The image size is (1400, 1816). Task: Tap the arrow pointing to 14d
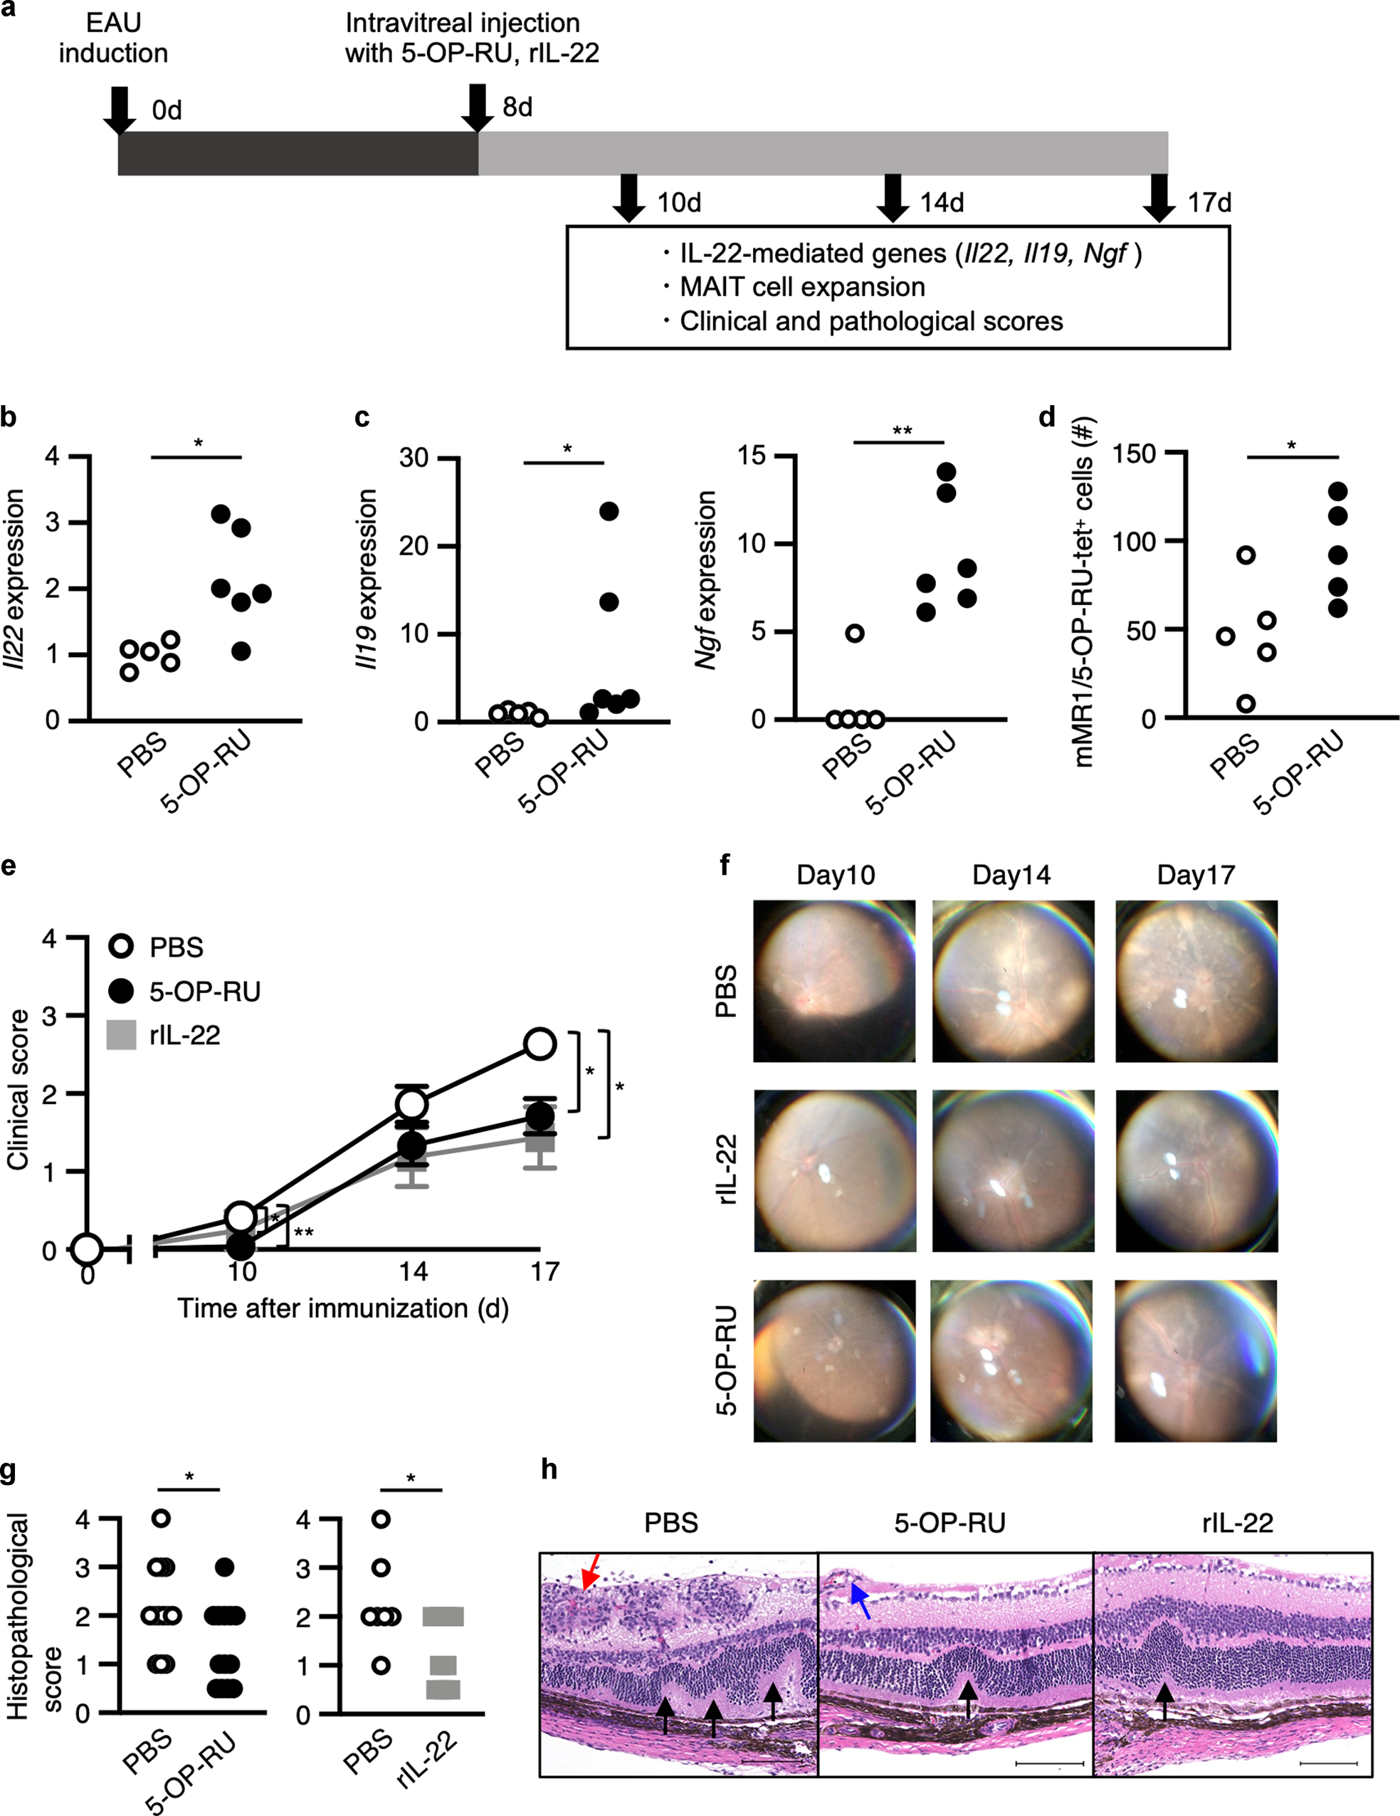click(x=893, y=198)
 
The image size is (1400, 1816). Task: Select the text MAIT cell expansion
click(x=801, y=287)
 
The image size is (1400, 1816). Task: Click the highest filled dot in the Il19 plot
click(x=609, y=511)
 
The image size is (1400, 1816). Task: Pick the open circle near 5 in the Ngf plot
click(x=855, y=634)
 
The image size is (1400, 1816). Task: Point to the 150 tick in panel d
click(x=1137, y=454)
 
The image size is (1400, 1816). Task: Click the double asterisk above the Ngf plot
click(x=902, y=431)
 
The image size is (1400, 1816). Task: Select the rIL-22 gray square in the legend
click(x=122, y=1035)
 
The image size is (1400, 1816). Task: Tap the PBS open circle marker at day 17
click(x=540, y=1044)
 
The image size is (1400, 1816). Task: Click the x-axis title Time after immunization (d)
click(x=342, y=1308)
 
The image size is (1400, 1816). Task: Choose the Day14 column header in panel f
click(x=1011, y=875)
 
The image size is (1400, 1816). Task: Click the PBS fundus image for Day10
click(x=834, y=980)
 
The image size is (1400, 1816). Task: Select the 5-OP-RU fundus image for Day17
click(x=1196, y=1360)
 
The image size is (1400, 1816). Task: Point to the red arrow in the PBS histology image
click(x=590, y=1574)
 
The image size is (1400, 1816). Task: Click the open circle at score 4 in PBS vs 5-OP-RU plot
click(x=162, y=1518)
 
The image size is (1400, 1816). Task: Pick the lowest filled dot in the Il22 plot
click(x=241, y=652)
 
